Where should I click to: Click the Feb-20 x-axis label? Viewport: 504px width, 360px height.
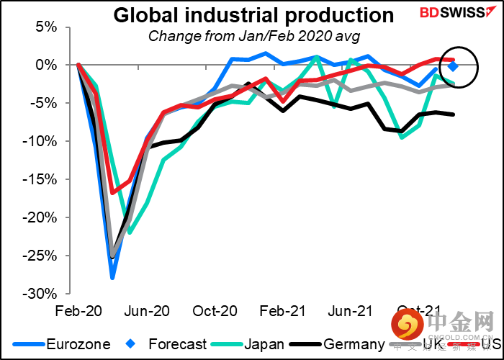pyautogui.click(x=78, y=311)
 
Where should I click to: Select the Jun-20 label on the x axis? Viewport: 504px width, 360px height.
pyautogui.click(x=146, y=311)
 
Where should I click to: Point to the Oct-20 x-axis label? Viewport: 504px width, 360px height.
pyautogui.click(x=214, y=311)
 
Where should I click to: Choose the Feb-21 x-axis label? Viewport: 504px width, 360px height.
pyautogui.click(x=282, y=311)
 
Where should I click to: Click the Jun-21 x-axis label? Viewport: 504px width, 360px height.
pyautogui.click(x=350, y=311)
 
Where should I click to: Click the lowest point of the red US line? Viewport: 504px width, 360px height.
pyautogui.click(x=112, y=192)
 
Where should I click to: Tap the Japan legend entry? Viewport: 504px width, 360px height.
pyautogui.click(x=248, y=344)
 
